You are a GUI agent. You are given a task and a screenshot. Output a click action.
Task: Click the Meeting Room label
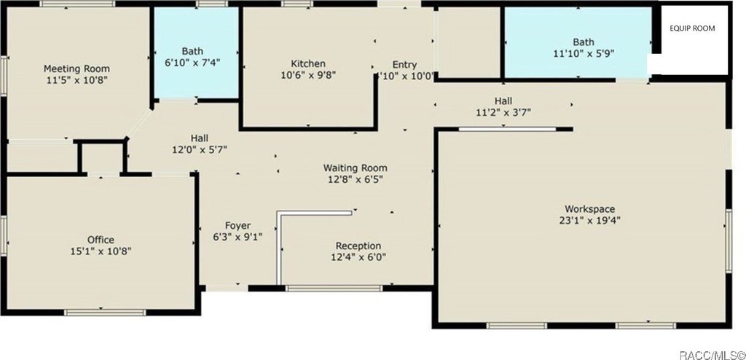pyautogui.click(x=76, y=69)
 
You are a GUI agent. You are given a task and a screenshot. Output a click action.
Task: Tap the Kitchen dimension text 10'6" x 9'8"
pyautogui.click(x=309, y=75)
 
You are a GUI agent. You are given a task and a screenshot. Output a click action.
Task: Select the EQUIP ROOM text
pyautogui.click(x=692, y=28)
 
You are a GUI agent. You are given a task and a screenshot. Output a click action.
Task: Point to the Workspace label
pyautogui.click(x=590, y=209)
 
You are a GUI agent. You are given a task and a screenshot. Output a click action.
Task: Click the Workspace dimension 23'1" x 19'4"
pyautogui.click(x=590, y=220)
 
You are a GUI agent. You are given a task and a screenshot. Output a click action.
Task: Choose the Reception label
pyautogui.click(x=358, y=246)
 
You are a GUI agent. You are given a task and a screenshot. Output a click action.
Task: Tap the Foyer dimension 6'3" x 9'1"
pyautogui.click(x=238, y=237)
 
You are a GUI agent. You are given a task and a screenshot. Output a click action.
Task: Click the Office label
pyautogui.click(x=101, y=240)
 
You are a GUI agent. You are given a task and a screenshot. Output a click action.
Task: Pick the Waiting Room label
pyautogui.click(x=356, y=168)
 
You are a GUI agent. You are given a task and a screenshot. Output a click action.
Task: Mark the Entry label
pyautogui.click(x=404, y=65)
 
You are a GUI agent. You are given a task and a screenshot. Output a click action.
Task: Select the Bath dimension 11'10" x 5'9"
pyautogui.click(x=584, y=53)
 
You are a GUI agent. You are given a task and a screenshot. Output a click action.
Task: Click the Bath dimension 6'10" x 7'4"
pyautogui.click(x=192, y=62)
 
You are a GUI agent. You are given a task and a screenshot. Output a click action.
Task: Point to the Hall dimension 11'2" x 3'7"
pyautogui.click(x=503, y=112)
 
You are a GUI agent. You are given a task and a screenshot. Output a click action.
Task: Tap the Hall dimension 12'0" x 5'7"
pyautogui.click(x=200, y=149)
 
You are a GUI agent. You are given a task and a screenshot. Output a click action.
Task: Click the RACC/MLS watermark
pyautogui.click(x=712, y=355)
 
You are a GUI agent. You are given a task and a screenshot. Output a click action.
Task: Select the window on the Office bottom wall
pyautogui.click(x=105, y=313)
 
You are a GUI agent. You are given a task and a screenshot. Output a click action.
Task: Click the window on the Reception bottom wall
pyautogui.click(x=334, y=288)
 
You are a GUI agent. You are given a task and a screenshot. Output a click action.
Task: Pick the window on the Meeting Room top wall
pyautogui.click(x=77, y=4)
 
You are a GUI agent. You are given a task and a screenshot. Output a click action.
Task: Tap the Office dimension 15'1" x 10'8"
pyautogui.click(x=101, y=251)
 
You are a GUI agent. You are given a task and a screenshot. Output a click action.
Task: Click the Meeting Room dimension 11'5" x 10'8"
pyautogui.click(x=76, y=79)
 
